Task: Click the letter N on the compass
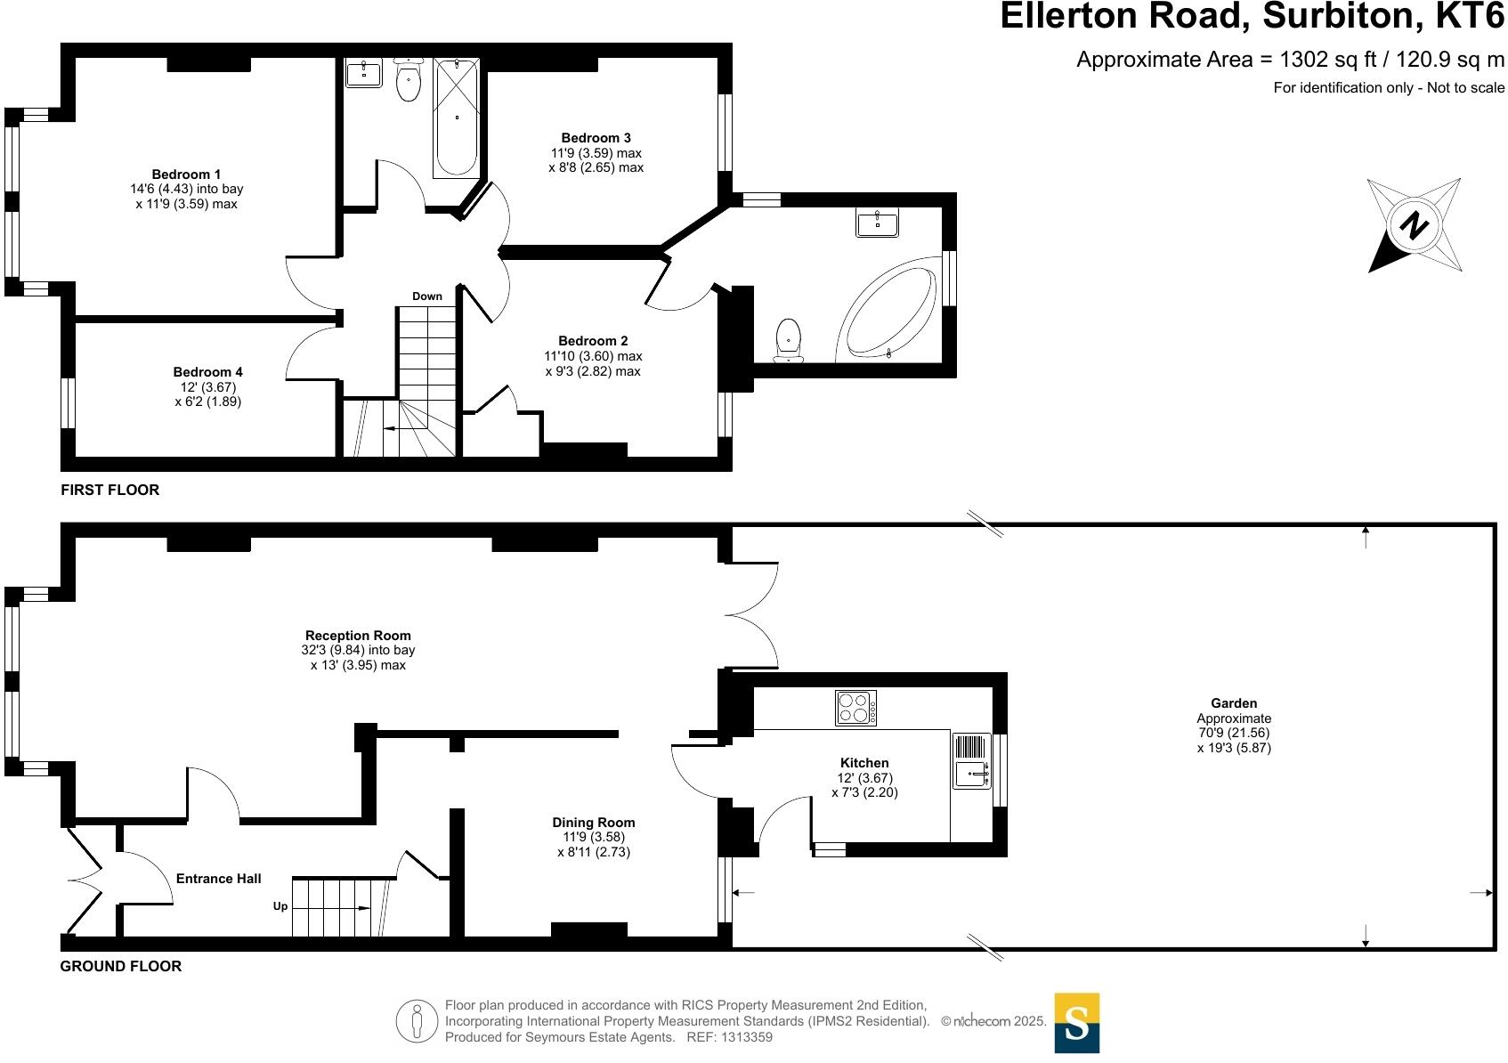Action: [x=1414, y=224]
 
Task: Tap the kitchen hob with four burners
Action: [x=855, y=708]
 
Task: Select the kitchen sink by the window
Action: [x=971, y=774]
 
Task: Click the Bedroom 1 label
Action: [x=186, y=174]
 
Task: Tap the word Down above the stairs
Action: [x=427, y=296]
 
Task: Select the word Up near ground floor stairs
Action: [x=280, y=906]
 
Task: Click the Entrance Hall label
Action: [x=219, y=879]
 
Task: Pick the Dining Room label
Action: [x=594, y=823]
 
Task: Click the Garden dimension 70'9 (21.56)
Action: [x=1234, y=733]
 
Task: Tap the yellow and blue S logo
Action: [x=1077, y=1023]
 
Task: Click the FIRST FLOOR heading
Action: [x=110, y=490]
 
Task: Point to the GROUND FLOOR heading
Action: [x=121, y=966]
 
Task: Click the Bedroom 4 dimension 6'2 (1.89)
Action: [x=208, y=402]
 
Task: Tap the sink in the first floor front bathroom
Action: [x=363, y=73]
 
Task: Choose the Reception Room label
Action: [x=358, y=636]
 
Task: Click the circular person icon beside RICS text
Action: [x=417, y=1021]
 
